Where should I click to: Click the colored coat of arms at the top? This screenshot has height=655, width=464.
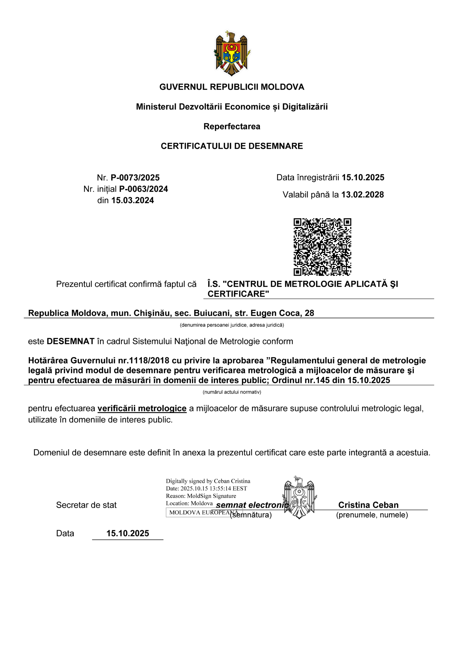click(232, 53)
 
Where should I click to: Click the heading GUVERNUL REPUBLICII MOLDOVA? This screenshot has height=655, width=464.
click(232, 87)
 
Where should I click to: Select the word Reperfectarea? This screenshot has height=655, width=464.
click(232, 126)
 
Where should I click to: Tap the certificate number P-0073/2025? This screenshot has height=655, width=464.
click(135, 178)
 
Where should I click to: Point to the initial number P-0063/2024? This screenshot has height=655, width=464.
click(143, 189)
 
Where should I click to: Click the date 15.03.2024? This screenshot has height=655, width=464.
click(133, 201)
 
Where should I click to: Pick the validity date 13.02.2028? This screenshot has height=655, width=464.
click(362, 194)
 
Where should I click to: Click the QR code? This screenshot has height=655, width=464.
click(322, 247)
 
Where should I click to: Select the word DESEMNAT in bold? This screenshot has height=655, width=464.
click(70, 341)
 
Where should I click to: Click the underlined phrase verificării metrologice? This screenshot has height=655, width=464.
click(142, 408)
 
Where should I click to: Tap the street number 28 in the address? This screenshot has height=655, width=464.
click(309, 313)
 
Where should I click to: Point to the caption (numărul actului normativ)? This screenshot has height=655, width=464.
click(232, 392)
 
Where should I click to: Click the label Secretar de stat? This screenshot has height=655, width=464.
click(86, 505)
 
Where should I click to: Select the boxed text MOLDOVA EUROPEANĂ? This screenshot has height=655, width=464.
click(204, 512)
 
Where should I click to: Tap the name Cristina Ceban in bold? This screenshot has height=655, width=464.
click(368, 505)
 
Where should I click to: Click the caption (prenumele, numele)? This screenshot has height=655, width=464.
click(372, 515)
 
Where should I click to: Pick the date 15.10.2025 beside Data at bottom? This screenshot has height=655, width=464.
click(128, 533)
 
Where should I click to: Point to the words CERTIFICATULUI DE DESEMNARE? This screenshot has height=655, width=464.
click(232, 146)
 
